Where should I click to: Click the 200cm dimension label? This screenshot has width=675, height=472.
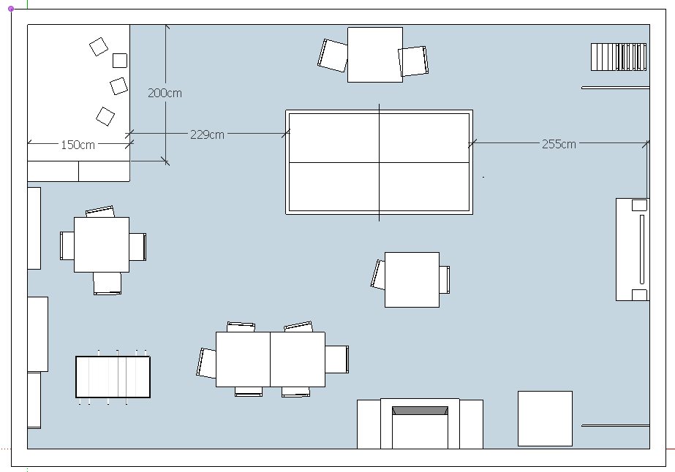tap(165, 93)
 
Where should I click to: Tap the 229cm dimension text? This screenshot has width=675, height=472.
tap(207, 134)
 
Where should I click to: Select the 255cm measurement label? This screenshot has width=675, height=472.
tap(559, 144)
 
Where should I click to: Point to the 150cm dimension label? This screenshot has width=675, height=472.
tap(78, 145)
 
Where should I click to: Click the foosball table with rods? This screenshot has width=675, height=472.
tap(113, 377)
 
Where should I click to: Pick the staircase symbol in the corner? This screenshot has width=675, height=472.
tap(619, 57)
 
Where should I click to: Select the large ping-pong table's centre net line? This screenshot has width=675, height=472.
tap(380, 162)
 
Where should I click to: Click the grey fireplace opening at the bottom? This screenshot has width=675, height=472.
tap(420, 411)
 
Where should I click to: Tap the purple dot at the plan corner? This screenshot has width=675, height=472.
tap(11, 9)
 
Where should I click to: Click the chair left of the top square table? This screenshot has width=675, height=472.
tap(333, 56)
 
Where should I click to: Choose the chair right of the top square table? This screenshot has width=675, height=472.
tap(413, 61)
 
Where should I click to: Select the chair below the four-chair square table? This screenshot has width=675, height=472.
tap(108, 283)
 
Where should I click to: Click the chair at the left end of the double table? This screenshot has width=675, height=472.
tap(206, 363)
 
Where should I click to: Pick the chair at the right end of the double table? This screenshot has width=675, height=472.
tap(337, 359)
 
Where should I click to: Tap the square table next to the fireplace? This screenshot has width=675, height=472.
tap(545, 419)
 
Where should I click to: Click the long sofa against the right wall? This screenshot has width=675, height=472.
tap(633, 250)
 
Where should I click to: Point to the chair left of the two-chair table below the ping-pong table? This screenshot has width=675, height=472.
tap(378, 275)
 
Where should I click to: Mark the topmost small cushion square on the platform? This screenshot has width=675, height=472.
tap(99, 47)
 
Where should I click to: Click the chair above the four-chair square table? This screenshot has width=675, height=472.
tap(100, 212)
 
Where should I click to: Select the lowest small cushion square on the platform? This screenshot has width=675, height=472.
tap(105, 116)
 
